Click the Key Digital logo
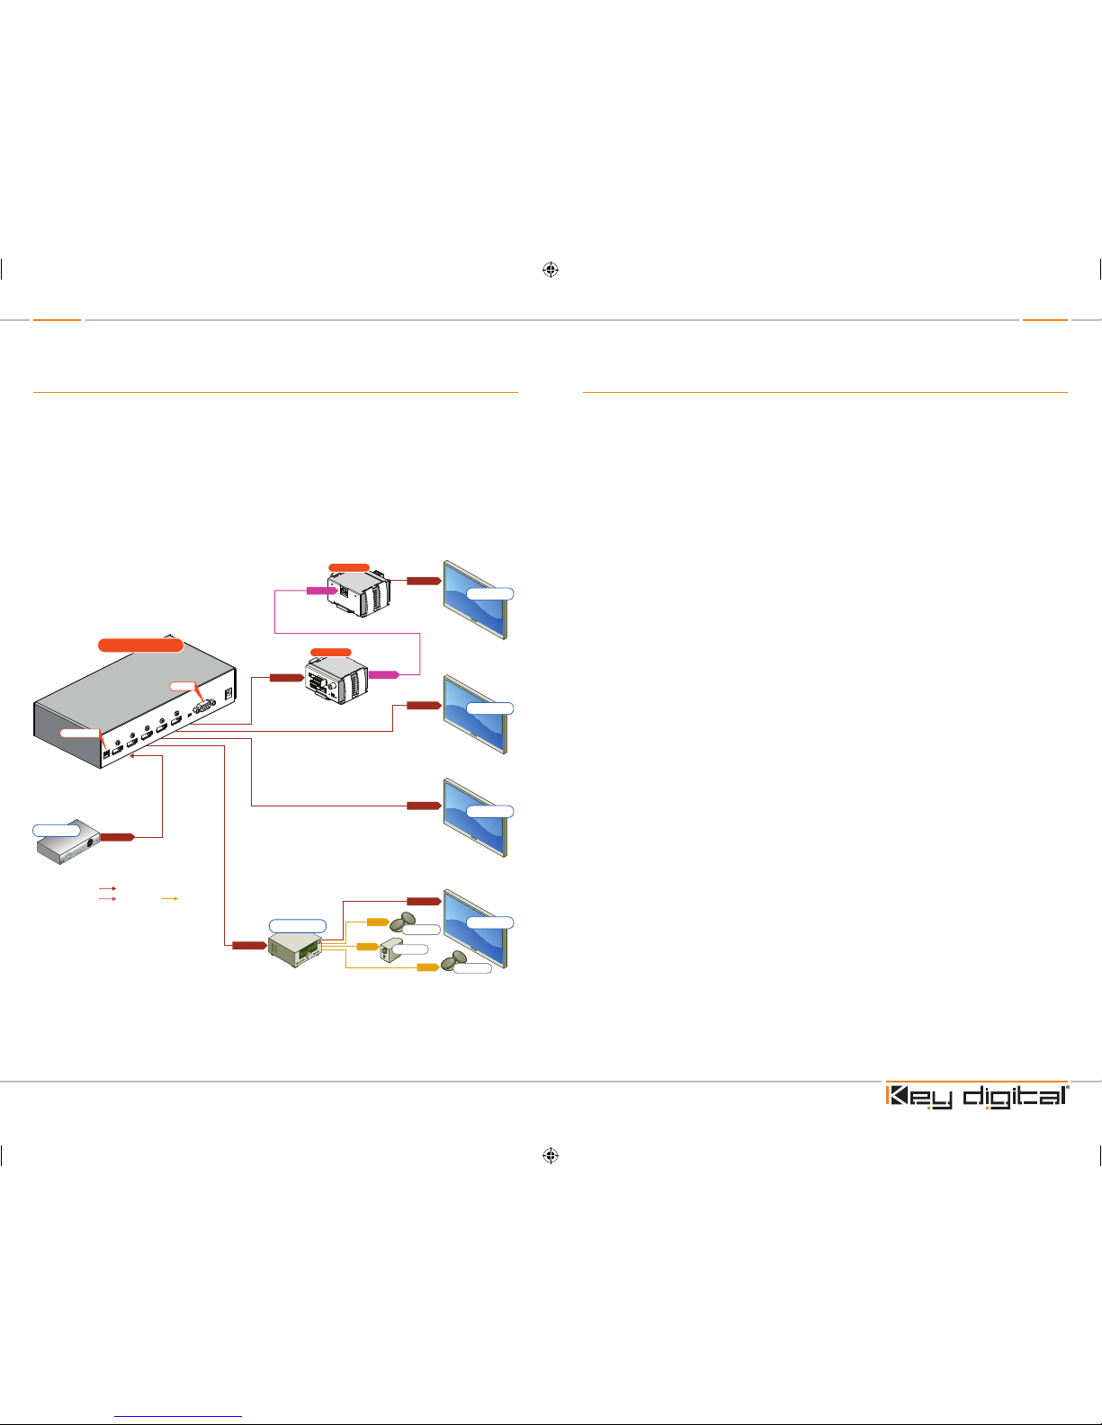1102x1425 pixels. [977, 1097]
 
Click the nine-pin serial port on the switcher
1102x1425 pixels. [204, 705]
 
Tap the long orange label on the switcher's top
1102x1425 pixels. [140, 645]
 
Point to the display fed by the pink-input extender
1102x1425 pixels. [475, 600]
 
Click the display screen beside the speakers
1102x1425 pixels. [475, 928]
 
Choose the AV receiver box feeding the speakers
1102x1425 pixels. [295, 949]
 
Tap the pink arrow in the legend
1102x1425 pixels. [107, 898]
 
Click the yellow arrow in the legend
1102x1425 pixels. [169, 898]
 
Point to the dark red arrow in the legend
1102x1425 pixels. [107, 888]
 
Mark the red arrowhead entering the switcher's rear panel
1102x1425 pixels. [133, 757]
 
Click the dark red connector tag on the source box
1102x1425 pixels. [117, 837]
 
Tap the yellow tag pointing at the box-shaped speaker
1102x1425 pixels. [368, 947]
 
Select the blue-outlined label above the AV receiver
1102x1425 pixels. [298, 925]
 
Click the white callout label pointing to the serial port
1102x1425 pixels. [184, 686]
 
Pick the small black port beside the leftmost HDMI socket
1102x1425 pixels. [106, 753]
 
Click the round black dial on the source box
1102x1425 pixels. [90, 843]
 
